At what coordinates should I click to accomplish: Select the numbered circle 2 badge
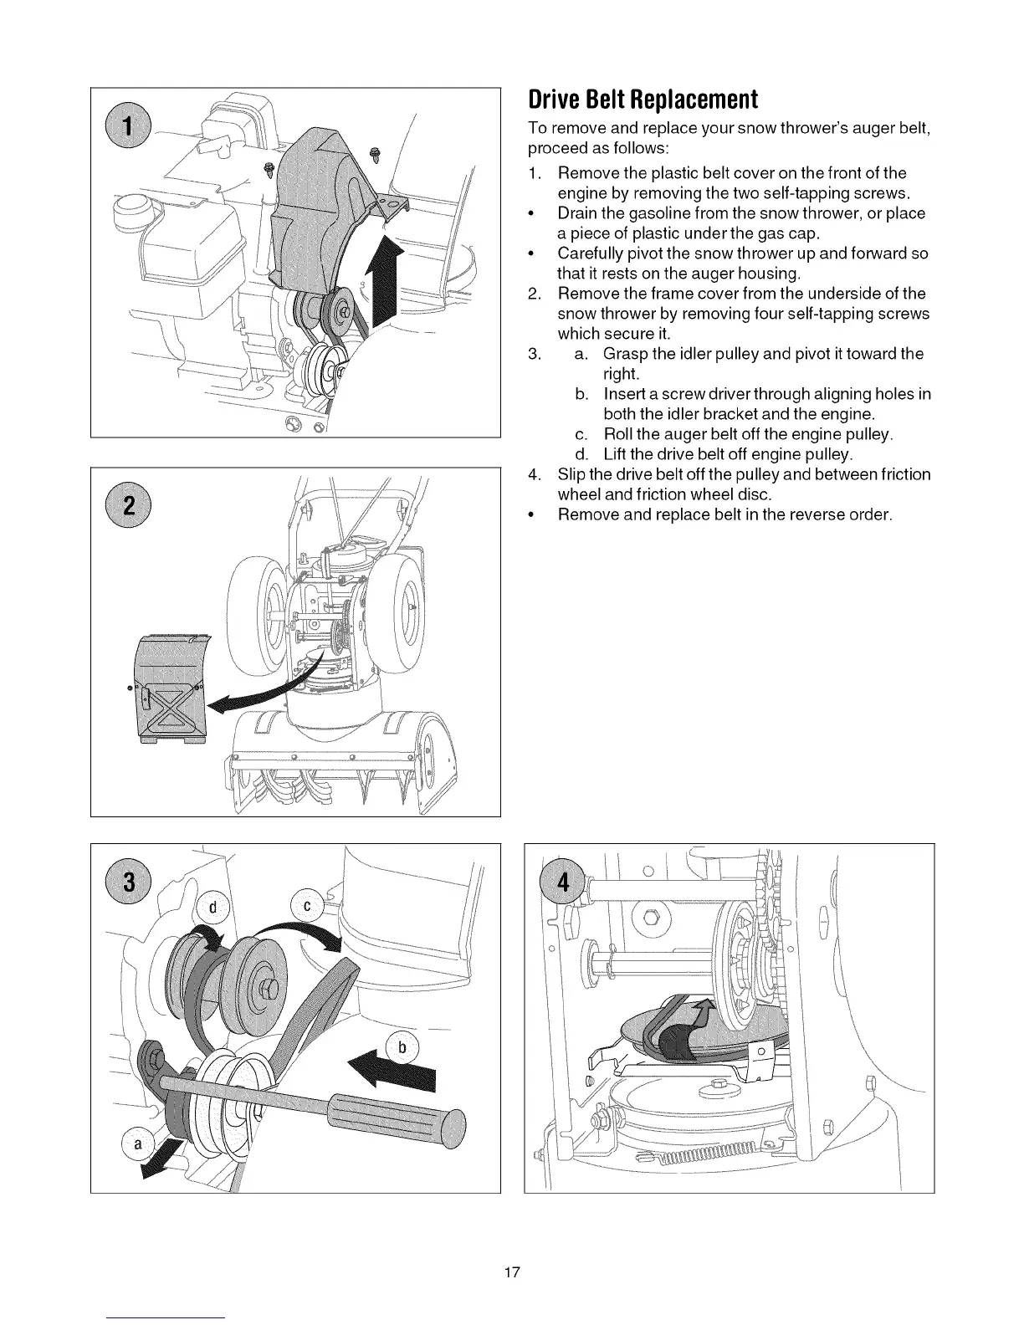(128, 507)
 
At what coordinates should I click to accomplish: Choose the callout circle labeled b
(402, 1046)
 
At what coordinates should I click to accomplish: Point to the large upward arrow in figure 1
(387, 284)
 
